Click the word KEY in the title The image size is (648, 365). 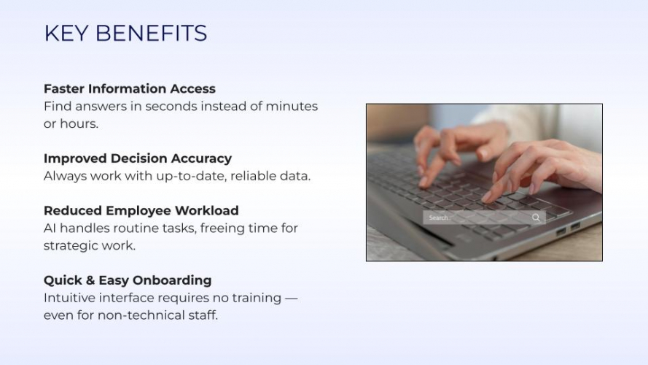(66, 33)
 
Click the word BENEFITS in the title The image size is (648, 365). (152, 33)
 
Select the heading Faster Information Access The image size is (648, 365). (130, 88)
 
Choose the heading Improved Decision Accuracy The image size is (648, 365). (138, 158)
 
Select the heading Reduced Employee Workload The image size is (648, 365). (141, 211)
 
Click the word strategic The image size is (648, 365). (71, 246)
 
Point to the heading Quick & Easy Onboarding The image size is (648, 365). (128, 280)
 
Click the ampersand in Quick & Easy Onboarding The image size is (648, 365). (90, 280)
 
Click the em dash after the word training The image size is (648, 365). (292, 299)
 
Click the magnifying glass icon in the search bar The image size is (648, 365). (536, 218)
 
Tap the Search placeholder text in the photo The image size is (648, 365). (439, 218)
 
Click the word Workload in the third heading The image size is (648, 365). (206, 211)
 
